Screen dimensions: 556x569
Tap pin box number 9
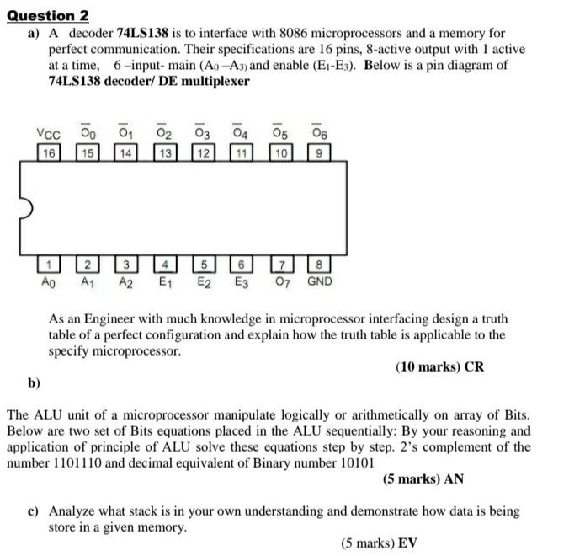[317, 152]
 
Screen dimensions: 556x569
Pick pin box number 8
[316, 265]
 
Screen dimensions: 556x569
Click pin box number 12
[202, 152]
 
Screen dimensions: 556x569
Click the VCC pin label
[48, 133]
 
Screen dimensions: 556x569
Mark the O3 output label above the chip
[202, 133]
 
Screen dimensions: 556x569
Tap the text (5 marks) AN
[423, 478]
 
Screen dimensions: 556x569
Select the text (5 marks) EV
[379, 543]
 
